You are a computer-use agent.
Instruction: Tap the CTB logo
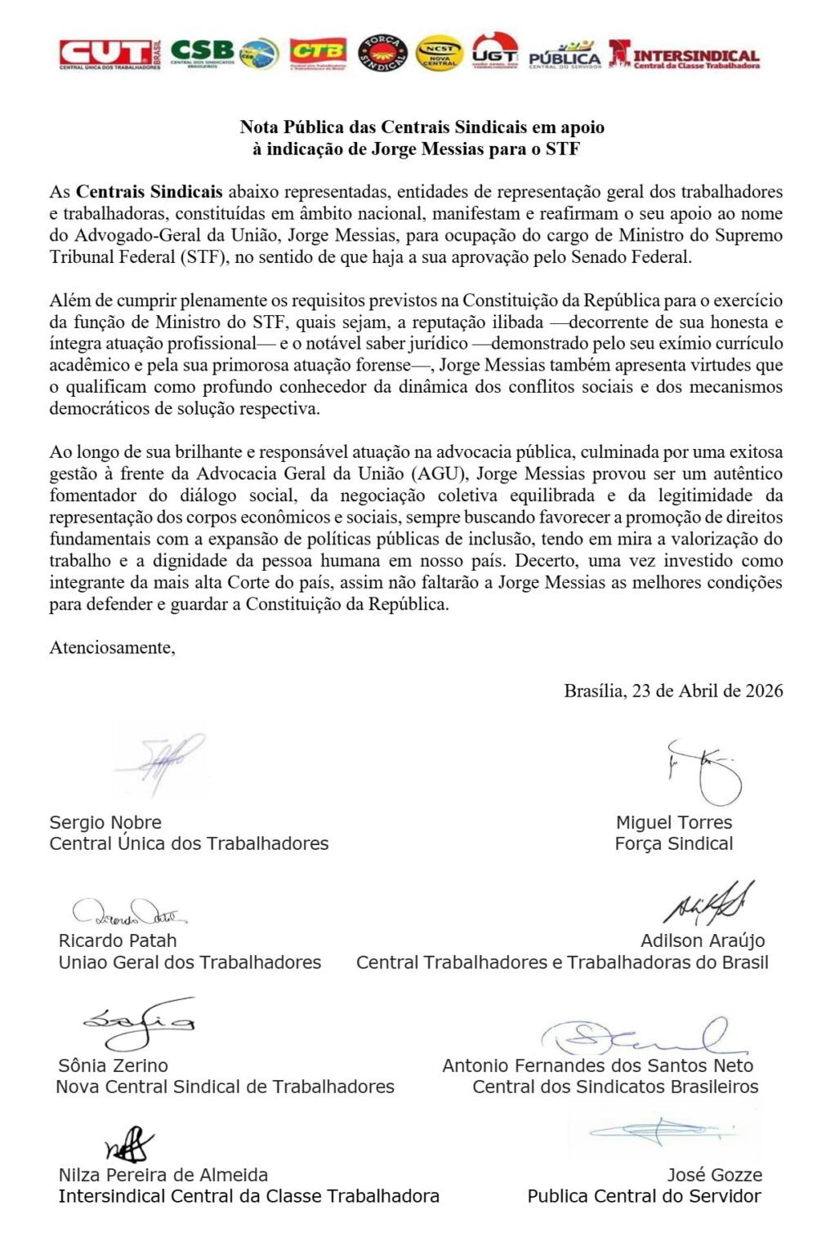318,53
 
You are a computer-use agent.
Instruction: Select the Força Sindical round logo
383,53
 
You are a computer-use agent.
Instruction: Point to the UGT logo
495,51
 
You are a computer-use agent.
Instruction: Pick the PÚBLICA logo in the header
565,55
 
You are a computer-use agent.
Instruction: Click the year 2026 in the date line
764,691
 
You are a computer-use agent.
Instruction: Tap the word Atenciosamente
112,647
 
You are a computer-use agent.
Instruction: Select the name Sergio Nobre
105,822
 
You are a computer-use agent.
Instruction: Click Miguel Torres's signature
704,772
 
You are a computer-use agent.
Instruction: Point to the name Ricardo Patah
118,940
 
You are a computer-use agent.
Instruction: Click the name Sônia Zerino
114,1065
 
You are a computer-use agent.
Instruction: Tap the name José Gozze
715,1175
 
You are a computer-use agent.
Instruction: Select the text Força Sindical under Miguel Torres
674,843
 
